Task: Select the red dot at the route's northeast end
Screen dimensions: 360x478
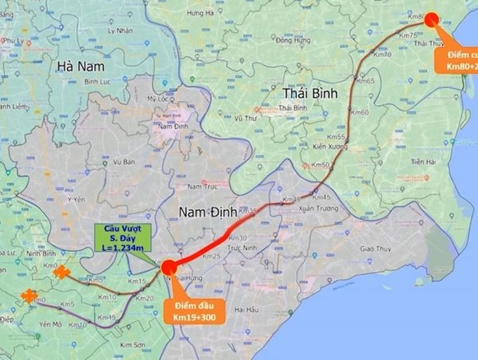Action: [x=430, y=19]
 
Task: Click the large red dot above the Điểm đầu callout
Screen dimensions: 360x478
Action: [x=169, y=268]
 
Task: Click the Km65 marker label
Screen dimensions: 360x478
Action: [x=366, y=81]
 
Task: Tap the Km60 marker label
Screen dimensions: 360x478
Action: [x=360, y=112]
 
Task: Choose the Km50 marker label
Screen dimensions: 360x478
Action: [x=321, y=165]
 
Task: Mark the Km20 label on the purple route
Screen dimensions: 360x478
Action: [x=145, y=299]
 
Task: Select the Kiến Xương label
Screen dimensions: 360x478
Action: [x=331, y=147]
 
